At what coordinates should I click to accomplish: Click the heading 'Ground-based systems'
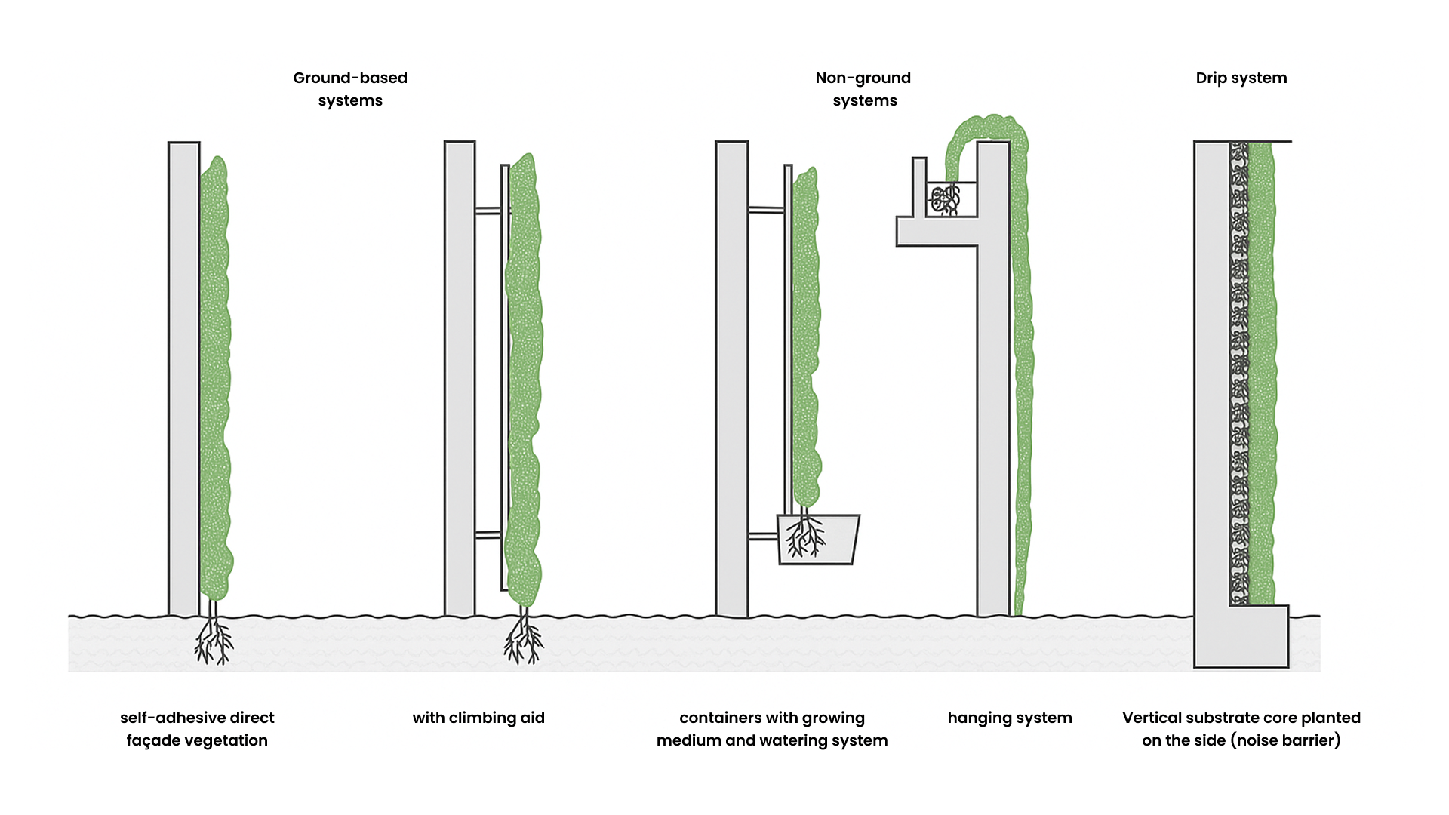pyautogui.click(x=350, y=89)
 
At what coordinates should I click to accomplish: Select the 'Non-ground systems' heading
pyautogui.click(x=863, y=89)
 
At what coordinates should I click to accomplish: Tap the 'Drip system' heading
pyautogui.click(x=1241, y=78)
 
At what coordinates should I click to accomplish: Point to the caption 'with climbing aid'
pyautogui.click(x=478, y=718)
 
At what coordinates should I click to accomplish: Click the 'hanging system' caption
pyautogui.click(x=1010, y=718)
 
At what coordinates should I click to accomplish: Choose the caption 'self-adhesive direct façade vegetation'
pyautogui.click(x=197, y=729)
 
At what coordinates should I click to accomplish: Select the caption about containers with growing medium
pyautogui.click(x=772, y=729)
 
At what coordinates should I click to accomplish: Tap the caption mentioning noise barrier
pyautogui.click(x=1241, y=729)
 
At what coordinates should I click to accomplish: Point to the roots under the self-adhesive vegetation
pyautogui.click(x=214, y=640)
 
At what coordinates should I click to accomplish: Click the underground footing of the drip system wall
pyautogui.click(x=1241, y=637)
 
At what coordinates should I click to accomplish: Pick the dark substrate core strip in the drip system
pyautogui.click(x=1239, y=374)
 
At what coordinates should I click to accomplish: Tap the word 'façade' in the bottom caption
pyautogui.click(x=154, y=740)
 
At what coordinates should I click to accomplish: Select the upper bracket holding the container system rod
pyautogui.click(x=766, y=210)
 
